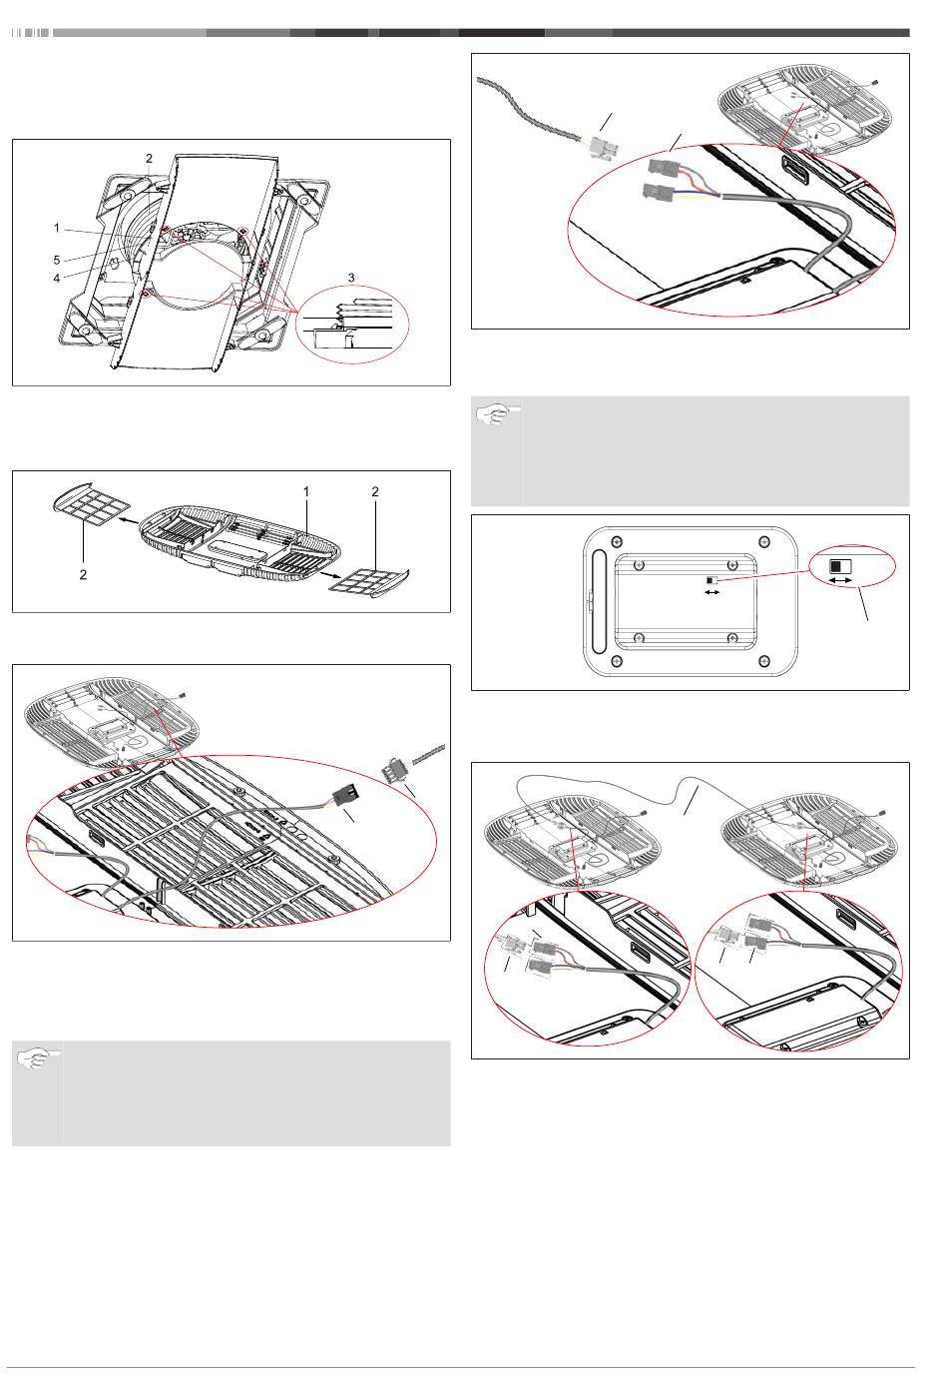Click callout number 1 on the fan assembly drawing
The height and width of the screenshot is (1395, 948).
(57, 229)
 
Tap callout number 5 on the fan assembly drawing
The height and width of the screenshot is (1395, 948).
(57, 260)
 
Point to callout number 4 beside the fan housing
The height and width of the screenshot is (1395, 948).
(57, 278)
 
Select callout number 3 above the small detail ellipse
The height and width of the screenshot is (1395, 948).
(350, 277)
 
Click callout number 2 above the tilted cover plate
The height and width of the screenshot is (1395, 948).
(149, 159)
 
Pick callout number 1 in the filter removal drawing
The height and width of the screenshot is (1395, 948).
(306, 491)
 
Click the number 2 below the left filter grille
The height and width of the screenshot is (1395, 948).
(83, 575)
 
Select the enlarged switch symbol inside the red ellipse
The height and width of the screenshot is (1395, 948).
(837, 565)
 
